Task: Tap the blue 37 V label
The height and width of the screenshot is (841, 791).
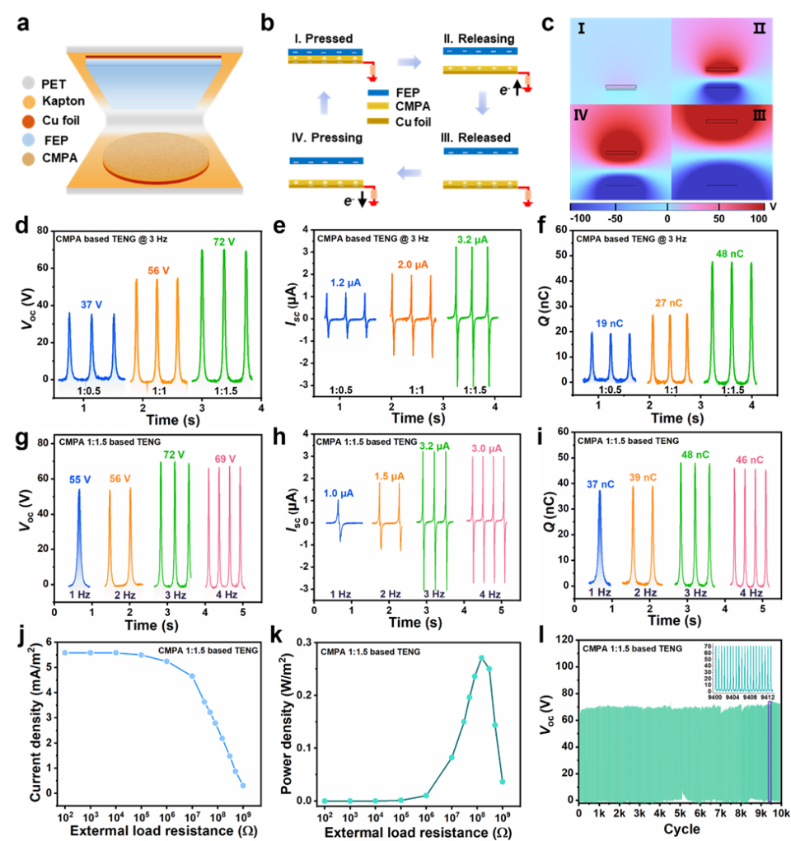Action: point(91,304)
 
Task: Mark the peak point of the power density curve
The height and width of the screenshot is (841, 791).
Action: point(481,657)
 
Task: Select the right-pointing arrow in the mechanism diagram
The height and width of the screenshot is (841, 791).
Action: point(408,60)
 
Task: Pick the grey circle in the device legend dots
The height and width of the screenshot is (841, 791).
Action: point(29,82)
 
